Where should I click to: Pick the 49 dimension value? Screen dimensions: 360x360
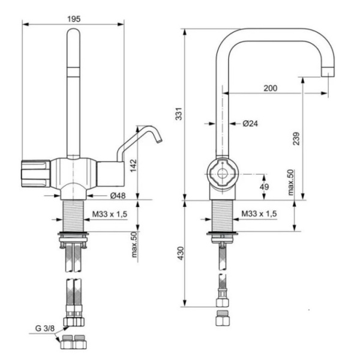[265, 187]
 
